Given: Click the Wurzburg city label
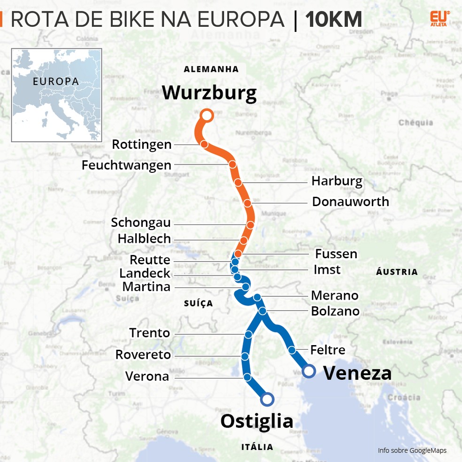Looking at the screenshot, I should (209, 92).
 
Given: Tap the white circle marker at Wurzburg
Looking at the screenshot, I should (207, 115).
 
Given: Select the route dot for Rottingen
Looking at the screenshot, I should (204, 144).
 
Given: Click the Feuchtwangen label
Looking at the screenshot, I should (126, 165).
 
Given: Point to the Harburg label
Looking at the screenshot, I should (337, 181).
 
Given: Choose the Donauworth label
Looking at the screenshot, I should (350, 201).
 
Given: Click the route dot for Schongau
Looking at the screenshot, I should (250, 225).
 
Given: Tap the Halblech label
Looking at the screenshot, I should (144, 239).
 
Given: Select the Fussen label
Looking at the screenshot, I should (336, 254).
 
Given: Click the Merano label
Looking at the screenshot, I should (334, 295).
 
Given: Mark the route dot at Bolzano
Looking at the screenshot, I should (262, 311).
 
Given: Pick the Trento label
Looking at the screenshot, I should (149, 333).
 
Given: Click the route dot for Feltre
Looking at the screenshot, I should (292, 350).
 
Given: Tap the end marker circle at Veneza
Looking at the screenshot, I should (308, 371).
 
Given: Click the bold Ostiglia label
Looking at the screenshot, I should (256, 421).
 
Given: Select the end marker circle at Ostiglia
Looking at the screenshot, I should (267, 400).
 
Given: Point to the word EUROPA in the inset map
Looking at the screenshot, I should (55, 81).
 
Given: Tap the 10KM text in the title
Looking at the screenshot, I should (333, 20).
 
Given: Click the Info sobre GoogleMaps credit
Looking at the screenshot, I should (412, 451).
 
